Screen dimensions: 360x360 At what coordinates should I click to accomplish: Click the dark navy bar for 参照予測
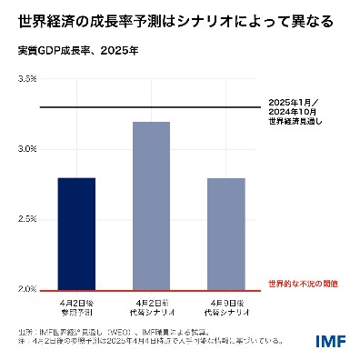pyautogui.click(x=76, y=234)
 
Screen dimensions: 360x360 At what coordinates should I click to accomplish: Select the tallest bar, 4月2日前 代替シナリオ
pyautogui.click(x=151, y=205)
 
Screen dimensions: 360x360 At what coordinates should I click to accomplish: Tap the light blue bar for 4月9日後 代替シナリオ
pyautogui.click(x=226, y=234)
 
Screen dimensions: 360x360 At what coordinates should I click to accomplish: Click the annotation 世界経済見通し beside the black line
pyautogui.click(x=295, y=119)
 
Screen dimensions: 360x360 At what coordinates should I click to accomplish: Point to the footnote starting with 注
pyautogui.click(x=145, y=342)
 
